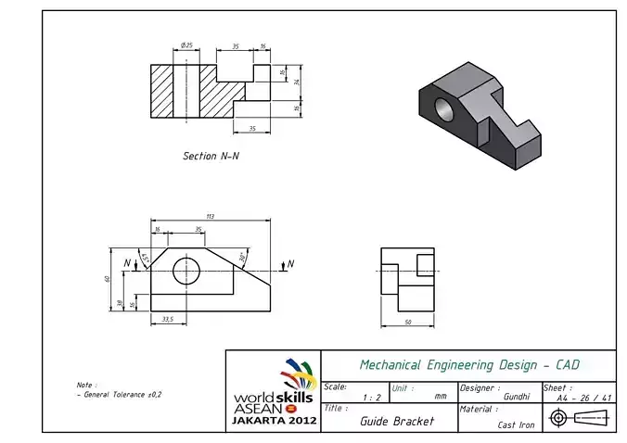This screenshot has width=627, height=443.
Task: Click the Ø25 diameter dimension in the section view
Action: [x=186, y=44]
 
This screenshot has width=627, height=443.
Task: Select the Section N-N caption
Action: [x=211, y=156]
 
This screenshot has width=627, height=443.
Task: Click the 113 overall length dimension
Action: [x=211, y=216]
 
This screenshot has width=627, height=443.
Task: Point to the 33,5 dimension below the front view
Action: [x=168, y=319]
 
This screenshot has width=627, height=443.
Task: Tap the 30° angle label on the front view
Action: [x=242, y=256]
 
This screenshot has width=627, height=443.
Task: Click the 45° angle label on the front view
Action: [x=145, y=257]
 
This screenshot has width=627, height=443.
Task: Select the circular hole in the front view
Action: [x=187, y=270]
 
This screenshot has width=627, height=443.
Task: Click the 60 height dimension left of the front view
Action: [x=108, y=277]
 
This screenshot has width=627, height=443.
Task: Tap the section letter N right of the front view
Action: [x=290, y=264]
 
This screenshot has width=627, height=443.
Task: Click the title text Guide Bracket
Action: [x=396, y=420]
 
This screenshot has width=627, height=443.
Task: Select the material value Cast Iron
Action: [x=516, y=424]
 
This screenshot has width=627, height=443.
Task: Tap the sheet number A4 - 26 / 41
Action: [x=583, y=398]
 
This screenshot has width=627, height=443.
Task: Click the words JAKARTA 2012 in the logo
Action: [x=274, y=420]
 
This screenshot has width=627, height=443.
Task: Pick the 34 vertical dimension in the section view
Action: [x=296, y=82]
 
